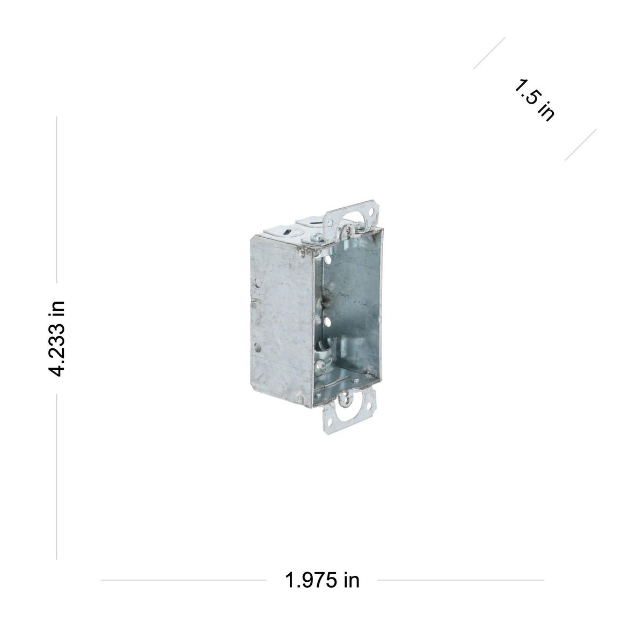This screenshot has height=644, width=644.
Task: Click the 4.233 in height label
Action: point(56,338)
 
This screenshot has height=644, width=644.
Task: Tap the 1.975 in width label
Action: point(322,580)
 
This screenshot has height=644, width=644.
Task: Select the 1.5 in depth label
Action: point(534,99)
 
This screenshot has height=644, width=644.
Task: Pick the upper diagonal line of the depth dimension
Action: point(489,53)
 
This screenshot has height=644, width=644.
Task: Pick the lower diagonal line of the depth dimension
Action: point(580,144)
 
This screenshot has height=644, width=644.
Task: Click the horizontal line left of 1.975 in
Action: point(182,580)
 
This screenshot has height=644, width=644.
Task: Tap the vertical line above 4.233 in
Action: point(56,204)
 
